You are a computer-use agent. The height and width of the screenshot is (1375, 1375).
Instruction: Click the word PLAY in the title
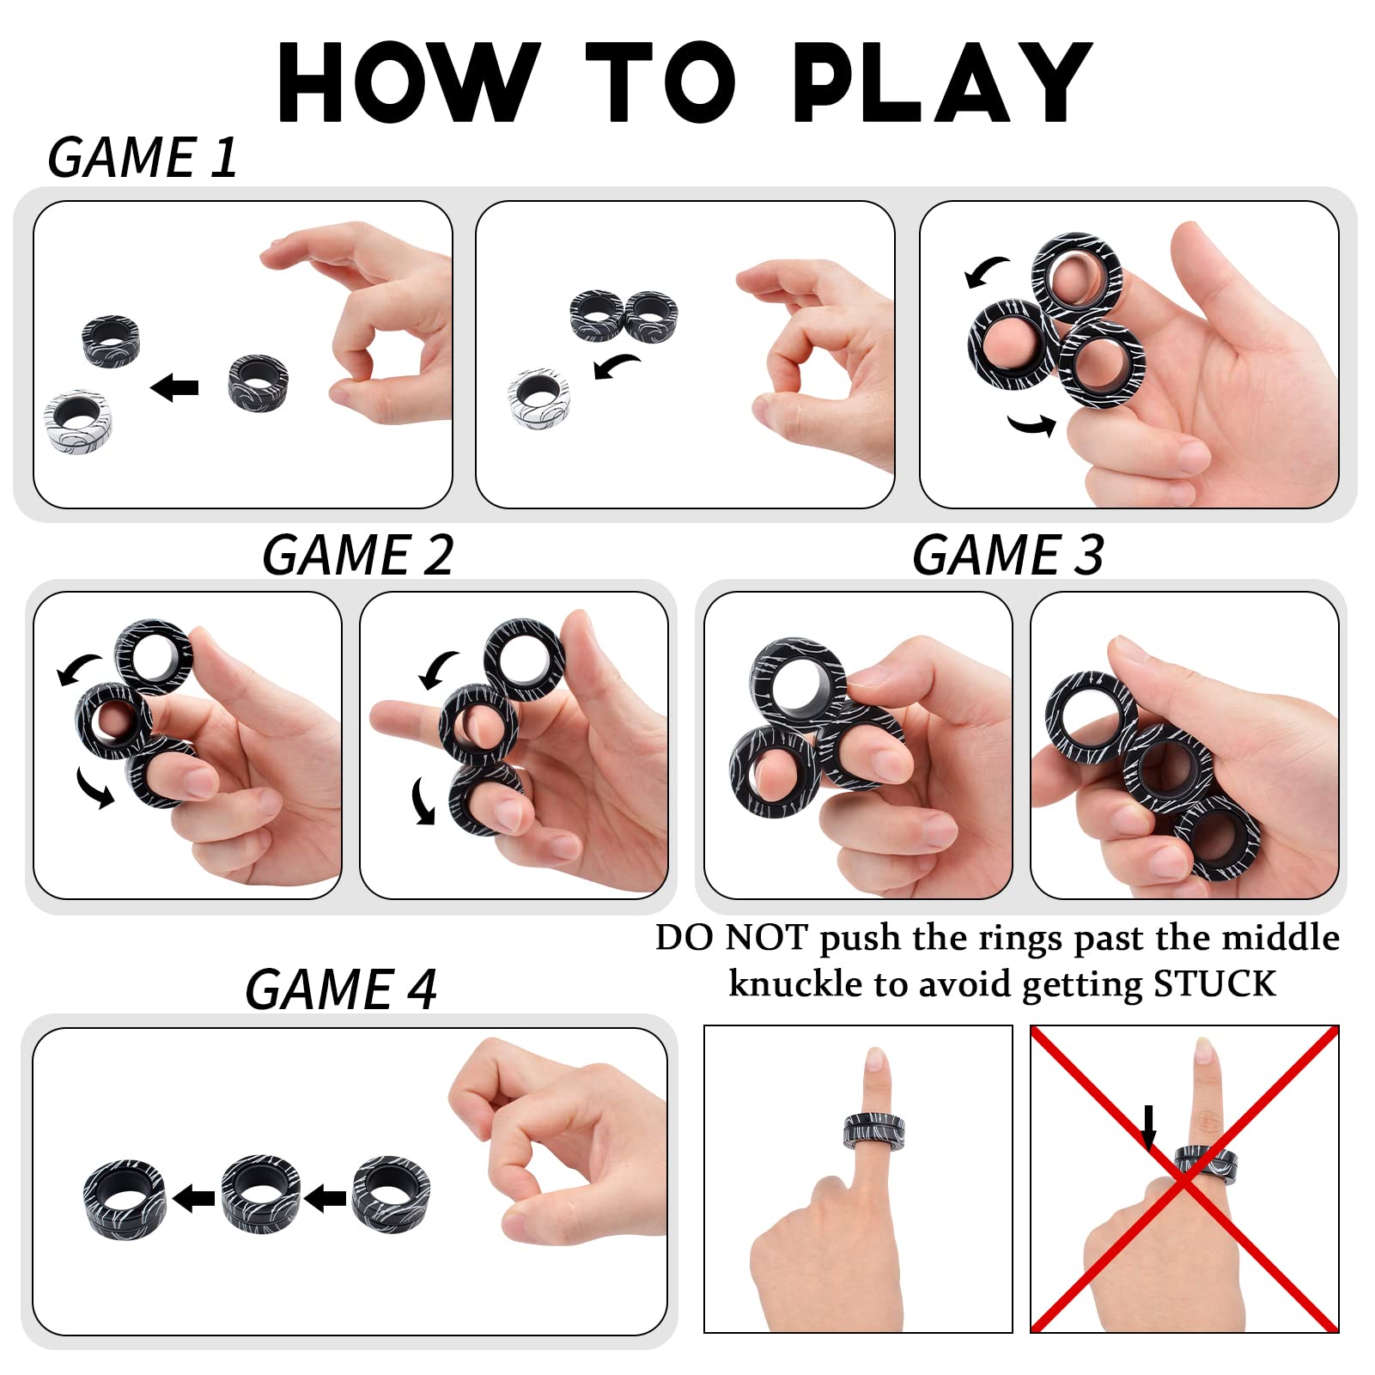[x=942, y=82]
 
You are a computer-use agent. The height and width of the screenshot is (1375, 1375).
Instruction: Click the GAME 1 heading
[x=143, y=158]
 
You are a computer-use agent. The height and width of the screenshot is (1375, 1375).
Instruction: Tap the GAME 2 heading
[x=357, y=555]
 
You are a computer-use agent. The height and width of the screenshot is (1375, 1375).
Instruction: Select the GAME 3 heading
[x=1008, y=555]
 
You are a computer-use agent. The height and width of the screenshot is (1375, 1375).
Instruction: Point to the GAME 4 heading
[x=341, y=989]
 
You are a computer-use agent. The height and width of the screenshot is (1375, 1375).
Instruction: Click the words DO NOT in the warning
[x=731, y=938]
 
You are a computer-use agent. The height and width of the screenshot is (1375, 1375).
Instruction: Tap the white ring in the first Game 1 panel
[x=78, y=422]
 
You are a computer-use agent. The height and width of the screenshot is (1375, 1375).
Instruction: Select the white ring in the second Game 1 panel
[x=538, y=397]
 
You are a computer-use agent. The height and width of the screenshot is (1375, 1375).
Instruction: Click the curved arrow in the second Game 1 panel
[x=616, y=366]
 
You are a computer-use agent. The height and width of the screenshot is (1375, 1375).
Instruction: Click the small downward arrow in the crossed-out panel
[x=1148, y=1127]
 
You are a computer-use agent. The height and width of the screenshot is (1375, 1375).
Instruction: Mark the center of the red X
[x=1185, y=1178]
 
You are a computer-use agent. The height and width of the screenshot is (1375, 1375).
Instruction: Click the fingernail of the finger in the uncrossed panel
[x=874, y=1061]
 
